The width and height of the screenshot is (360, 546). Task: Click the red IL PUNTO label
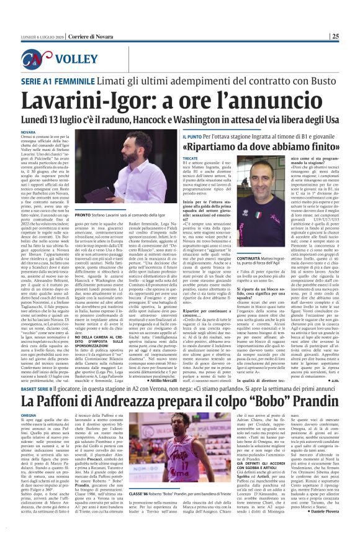pyautogui.click(x=191, y=135)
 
